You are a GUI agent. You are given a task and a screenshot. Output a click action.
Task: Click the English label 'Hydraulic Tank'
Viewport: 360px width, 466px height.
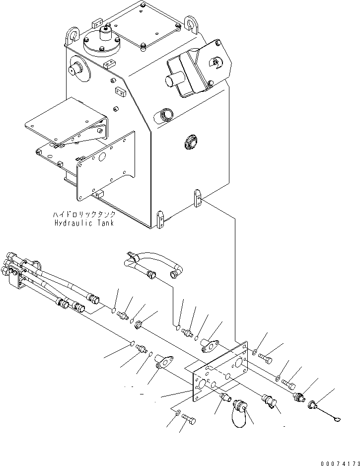pyautogui.click(x=84, y=223)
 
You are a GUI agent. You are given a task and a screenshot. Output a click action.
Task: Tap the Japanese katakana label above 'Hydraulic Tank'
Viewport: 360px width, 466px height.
pyautogui.click(x=84, y=215)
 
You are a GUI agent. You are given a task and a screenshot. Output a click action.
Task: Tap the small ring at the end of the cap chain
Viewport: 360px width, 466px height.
pyautogui.click(x=337, y=421)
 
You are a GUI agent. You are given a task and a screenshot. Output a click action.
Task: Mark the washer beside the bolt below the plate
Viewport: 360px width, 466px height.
pyautogui.click(x=178, y=411)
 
